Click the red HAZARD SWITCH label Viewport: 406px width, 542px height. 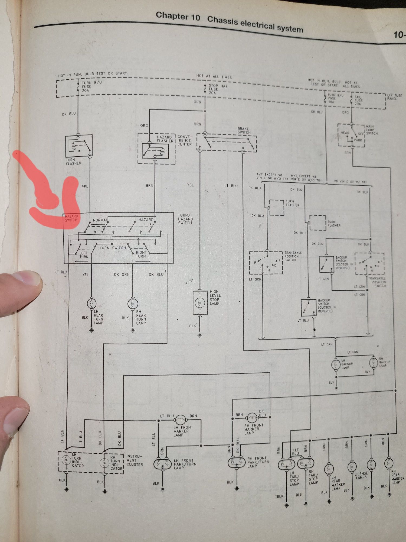[71, 218]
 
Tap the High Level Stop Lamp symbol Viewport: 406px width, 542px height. [200, 302]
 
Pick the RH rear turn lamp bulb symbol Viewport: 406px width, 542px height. [133, 303]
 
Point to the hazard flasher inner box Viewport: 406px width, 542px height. [155, 151]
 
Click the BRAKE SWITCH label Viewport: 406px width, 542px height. [244, 131]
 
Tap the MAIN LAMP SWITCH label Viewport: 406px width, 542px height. [372, 130]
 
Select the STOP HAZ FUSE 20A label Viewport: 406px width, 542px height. [218, 89]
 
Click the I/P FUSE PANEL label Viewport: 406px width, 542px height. [394, 97]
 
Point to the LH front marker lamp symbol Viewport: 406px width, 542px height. [180, 420]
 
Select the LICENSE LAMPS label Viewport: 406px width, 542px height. [361, 476]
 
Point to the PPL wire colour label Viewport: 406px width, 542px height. [85, 187]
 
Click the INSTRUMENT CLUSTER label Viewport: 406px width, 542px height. [134, 460]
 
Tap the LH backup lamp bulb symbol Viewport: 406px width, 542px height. [336, 364]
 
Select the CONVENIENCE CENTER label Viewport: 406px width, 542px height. [185, 140]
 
